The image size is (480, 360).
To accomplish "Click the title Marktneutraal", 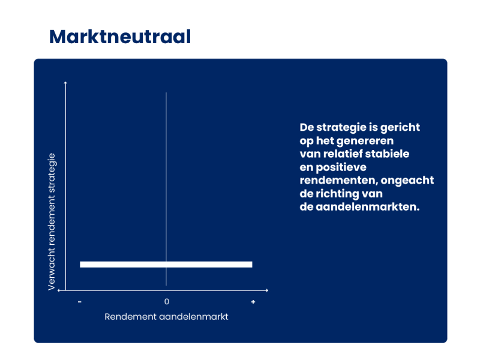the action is (x=120, y=37).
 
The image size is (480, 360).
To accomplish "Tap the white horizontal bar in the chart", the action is (x=166, y=265).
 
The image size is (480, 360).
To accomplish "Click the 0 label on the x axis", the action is (x=167, y=302).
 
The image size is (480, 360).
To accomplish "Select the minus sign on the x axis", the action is (x=80, y=302).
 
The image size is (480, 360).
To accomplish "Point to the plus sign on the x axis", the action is (x=253, y=302).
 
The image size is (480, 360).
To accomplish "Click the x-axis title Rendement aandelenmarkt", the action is (x=166, y=317).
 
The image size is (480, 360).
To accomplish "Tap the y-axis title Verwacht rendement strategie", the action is (x=52, y=221).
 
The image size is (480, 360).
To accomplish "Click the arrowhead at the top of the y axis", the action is (x=65, y=82).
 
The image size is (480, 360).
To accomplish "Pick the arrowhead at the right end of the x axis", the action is (x=267, y=290).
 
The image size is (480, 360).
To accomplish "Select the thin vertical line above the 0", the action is (x=166, y=189).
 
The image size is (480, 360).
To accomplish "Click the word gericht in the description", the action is (x=400, y=128).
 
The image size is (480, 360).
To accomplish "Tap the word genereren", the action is (x=365, y=141).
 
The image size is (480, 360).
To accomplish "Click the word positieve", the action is (x=341, y=167).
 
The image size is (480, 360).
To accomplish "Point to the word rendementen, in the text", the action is (x=338, y=181).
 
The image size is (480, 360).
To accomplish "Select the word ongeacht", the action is (x=407, y=181).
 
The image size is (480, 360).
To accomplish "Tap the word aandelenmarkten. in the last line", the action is (x=367, y=207).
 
